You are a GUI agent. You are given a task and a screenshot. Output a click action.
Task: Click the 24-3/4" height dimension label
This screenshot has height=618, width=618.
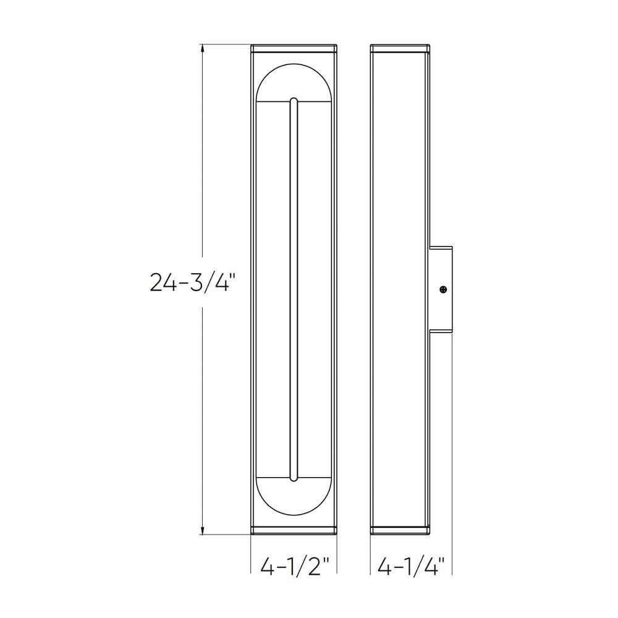click(190, 282)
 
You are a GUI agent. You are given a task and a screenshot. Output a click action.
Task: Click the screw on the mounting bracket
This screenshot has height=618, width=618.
click(444, 290)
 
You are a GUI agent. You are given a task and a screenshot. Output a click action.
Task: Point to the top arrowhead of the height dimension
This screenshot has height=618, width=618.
click(203, 49)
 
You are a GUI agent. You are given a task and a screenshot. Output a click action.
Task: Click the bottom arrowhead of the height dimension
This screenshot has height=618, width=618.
click(203, 530)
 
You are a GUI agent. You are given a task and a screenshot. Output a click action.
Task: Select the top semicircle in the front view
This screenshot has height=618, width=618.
click(294, 63)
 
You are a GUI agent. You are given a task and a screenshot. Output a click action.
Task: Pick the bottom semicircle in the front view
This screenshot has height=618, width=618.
click(294, 515)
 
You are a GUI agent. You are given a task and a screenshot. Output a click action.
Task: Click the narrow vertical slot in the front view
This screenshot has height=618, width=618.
click(294, 289)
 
